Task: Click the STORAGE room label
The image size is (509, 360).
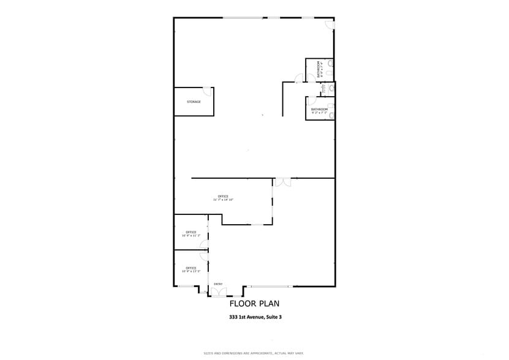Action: pos(194,102)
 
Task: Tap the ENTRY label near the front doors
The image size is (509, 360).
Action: pos(218,284)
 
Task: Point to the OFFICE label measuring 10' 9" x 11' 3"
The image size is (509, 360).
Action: pos(191,233)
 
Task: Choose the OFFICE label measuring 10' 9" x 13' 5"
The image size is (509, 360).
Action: pos(191,269)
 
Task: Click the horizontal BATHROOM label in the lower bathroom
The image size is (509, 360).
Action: pos(319,110)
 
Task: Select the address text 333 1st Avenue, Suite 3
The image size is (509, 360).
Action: pos(255,317)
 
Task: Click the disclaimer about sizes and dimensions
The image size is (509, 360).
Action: pos(254,353)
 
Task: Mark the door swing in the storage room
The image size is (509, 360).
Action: pos(208,92)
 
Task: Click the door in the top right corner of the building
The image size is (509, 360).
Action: pos(330,24)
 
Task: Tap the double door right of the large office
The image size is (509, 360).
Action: pos(282,182)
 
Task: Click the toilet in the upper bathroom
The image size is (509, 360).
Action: pos(330,63)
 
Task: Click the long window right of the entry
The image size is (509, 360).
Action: pos(270,287)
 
